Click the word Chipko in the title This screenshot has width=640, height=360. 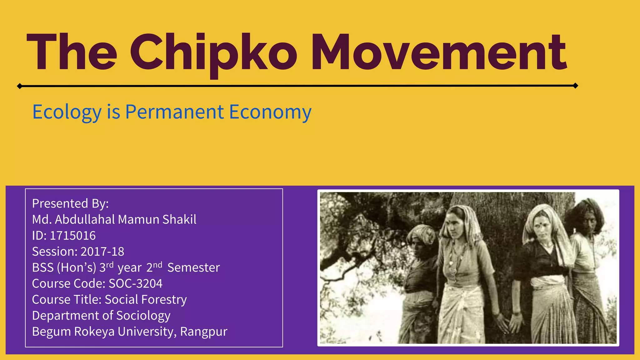pos(213,53)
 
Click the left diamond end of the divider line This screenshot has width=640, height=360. pos(19,86)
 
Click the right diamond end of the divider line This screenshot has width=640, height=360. pos(575,86)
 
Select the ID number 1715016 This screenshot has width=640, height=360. pos(72,236)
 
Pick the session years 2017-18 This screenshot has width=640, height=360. pos(102,252)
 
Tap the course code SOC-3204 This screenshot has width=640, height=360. pos(135,283)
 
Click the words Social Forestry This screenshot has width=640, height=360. pos(146,299)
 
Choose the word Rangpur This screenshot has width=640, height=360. pos(203,332)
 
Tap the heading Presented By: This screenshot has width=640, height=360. pos(70,203)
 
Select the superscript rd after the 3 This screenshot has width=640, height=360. pos(109,265)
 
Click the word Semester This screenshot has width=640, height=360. pos(193,267)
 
